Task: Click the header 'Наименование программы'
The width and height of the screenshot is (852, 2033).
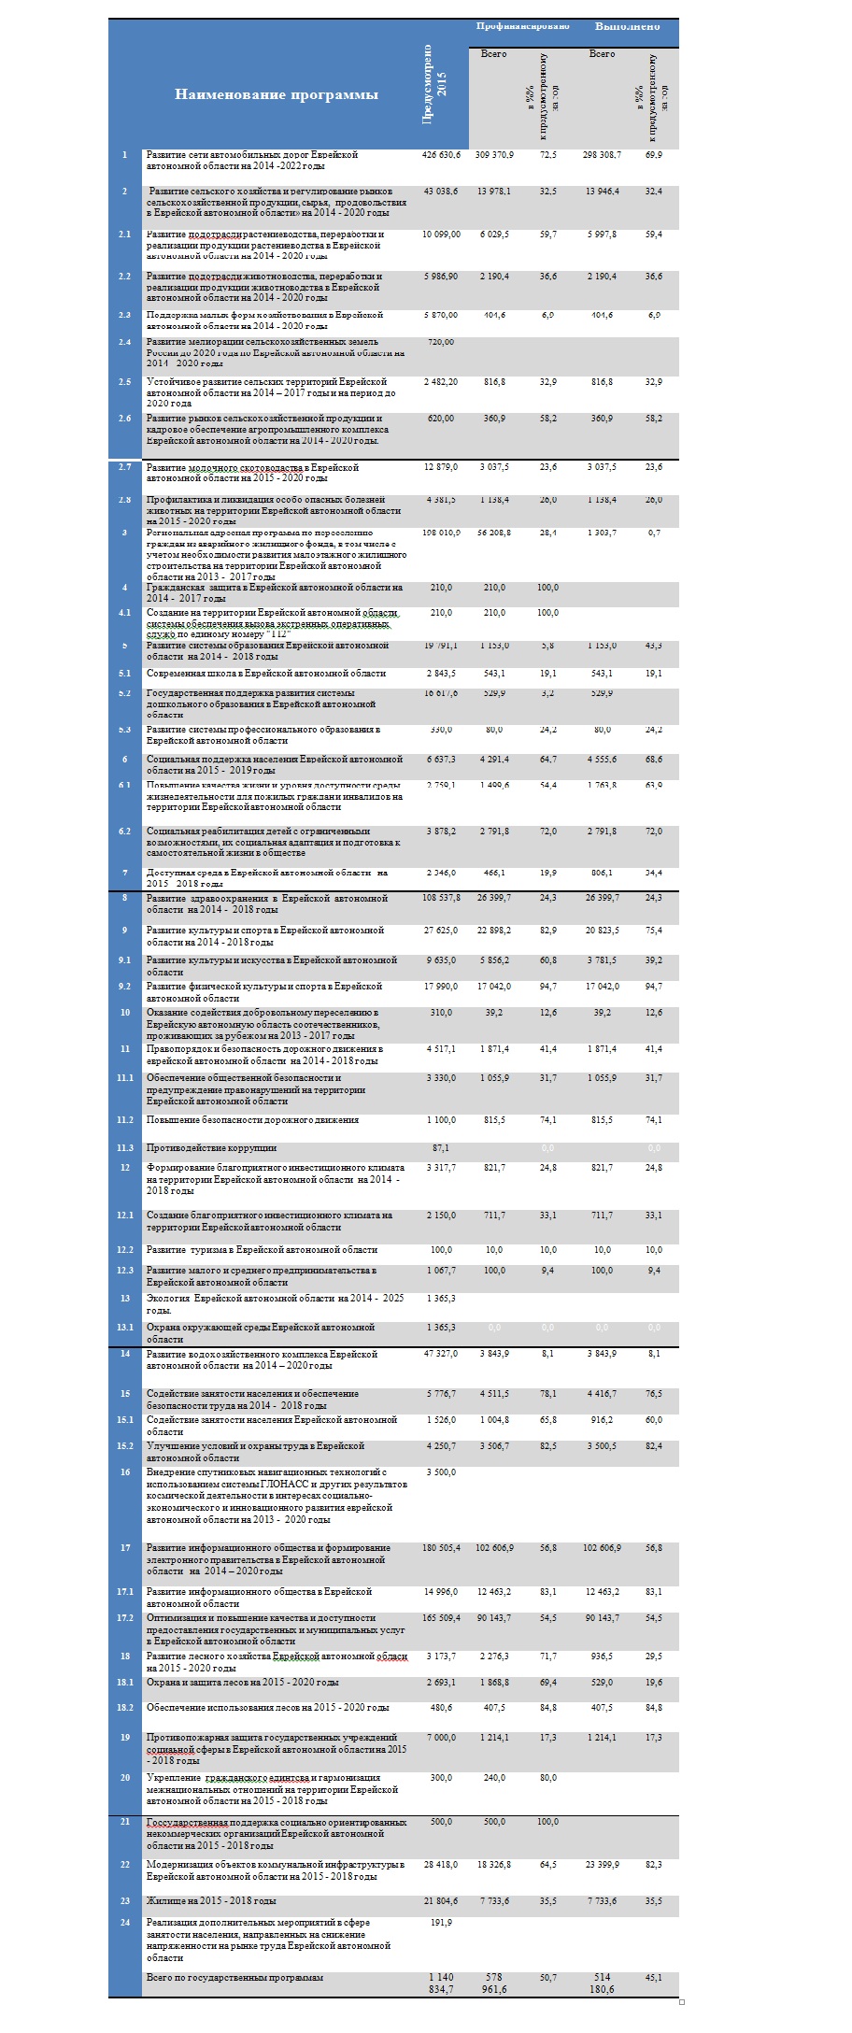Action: click(x=276, y=94)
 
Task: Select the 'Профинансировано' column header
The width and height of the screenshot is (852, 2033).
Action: click(x=522, y=26)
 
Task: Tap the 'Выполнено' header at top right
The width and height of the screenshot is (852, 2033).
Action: click(x=627, y=26)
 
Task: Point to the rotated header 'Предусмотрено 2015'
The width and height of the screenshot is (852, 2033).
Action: click(x=434, y=83)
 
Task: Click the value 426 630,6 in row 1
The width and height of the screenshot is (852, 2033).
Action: click(x=441, y=155)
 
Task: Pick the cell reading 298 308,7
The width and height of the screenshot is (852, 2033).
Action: click(x=602, y=155)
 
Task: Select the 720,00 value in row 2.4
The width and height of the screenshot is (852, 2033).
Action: click(x=441, y=342)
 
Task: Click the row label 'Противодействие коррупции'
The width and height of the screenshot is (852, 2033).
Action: click(x=211, y=1148)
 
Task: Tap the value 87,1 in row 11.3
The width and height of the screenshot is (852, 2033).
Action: click(x=441, y=1148)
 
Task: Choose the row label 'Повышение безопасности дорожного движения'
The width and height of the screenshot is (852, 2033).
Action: click(x=252, y=1120)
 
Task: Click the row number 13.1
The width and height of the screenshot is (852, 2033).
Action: click(x=125, y=1328)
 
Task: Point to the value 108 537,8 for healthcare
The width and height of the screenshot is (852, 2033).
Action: click(x=441, y=899)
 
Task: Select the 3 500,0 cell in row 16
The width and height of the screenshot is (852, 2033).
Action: click(x=441, y=1472)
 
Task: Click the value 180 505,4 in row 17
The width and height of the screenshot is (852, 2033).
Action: click(x=441, y=1548)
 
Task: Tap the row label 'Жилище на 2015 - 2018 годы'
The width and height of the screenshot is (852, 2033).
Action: click(x=211, y=1901)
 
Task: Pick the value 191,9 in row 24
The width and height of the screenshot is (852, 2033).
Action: click(x=441, y=1923)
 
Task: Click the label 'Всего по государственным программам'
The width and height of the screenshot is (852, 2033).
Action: click(x=234, y=1978)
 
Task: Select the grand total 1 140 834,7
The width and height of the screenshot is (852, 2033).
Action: click(x=441, y=1983)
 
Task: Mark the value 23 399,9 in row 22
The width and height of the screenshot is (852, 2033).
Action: click(x=602, y=1865)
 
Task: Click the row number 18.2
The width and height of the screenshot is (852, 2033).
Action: click(x=125, y=1708)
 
